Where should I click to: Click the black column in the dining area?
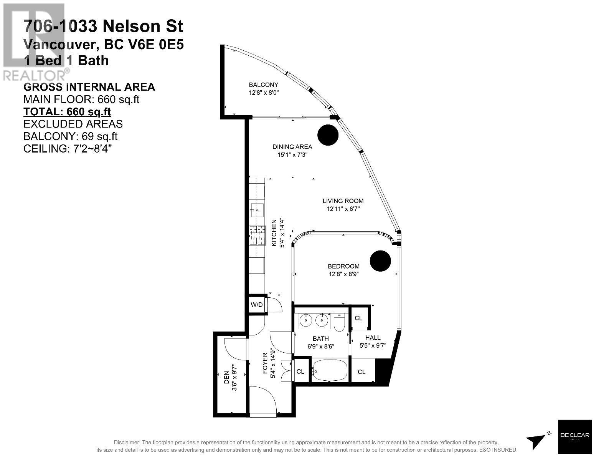pos(328,135)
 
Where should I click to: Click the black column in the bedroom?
pos(380,261)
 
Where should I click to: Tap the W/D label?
pos(256,305)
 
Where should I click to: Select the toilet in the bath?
pos(339,322)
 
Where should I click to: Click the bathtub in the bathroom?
pos(330,370)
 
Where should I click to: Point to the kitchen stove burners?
pos(257,235)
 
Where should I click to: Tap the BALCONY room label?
pos(264,85)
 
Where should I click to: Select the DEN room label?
pos(226,378)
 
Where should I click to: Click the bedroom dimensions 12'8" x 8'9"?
pos(343,274)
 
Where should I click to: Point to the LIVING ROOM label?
pos(343,201)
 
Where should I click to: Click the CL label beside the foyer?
pos(300,371)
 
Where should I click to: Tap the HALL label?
pos(373,338)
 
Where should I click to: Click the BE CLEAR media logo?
pos(575,437)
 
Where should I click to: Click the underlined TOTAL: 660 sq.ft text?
pos(67,112)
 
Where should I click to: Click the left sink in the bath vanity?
pos(306,320)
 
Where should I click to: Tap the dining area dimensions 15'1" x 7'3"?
pos(292,154)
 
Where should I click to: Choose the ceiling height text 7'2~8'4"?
pos(92,149)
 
